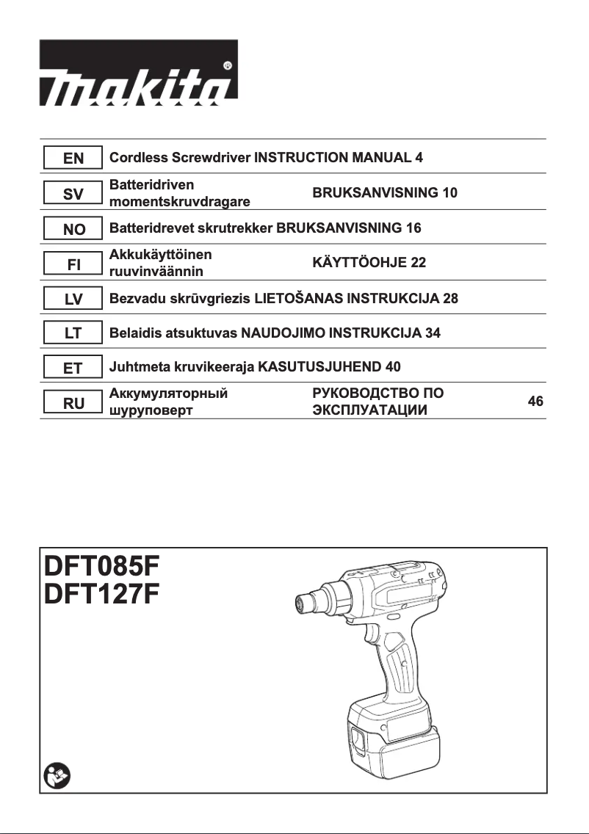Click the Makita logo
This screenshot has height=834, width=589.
pos(138,72)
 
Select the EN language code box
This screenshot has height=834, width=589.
pos(73,158)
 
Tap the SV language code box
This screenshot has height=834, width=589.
pos(73,194)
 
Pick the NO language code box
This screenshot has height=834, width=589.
pos(73,229)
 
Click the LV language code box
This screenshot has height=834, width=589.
pos(73,299)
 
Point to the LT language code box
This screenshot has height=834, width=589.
pos(73,333)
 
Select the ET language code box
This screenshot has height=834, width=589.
pos(73,368)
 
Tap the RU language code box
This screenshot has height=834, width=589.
pos(73,402)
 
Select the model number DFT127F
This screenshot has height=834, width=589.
pos(101,594)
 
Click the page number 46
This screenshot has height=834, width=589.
pos(535,402)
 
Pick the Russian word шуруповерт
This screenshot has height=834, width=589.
pos(151,410)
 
